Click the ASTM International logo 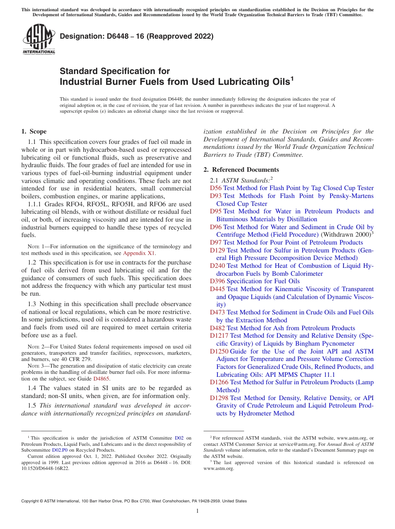[x=39, y=40]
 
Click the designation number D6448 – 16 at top [x=136, y=37]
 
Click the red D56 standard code [x=216, y=188]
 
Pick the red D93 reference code [x=216, y=196]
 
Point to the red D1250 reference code [x=219, y=351]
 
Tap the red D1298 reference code [x=219, y=398]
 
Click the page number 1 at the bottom [x=197, y=511]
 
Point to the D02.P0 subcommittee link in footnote [x=60, y=450]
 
